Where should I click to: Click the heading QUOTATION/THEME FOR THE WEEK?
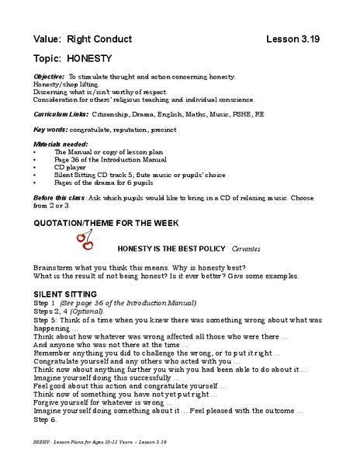coord(106,222)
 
